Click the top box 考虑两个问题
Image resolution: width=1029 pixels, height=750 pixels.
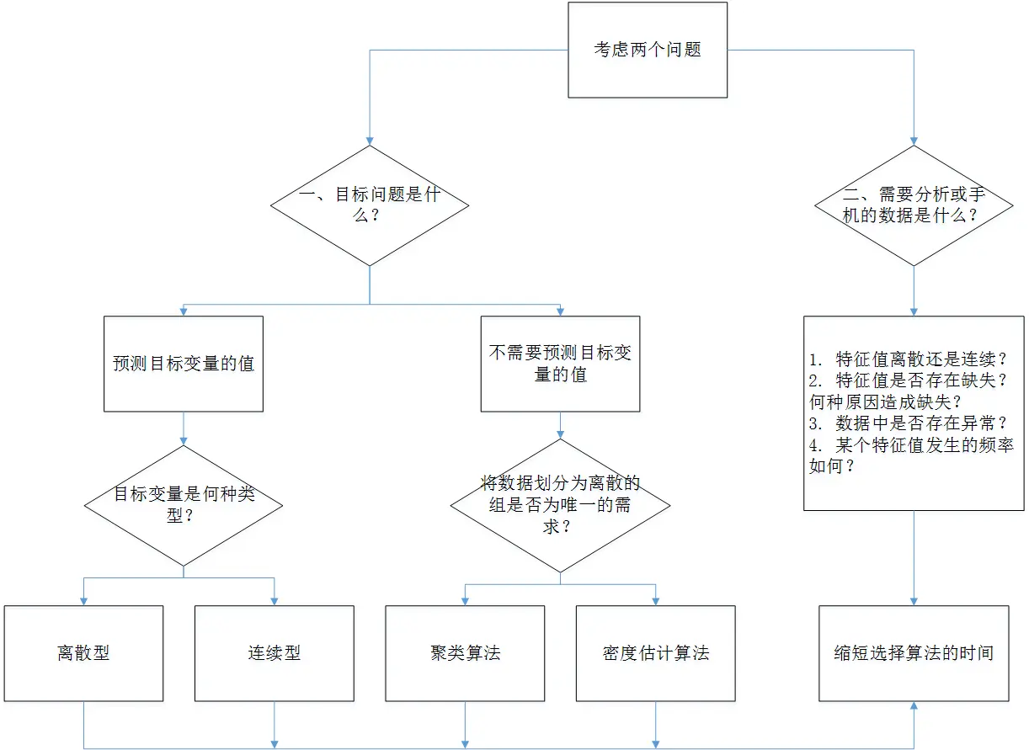point(648,50)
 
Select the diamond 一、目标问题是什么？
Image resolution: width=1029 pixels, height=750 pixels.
point(370,205)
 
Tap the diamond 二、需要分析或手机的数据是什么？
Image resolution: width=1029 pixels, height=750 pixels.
point(914,205)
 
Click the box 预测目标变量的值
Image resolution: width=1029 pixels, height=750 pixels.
point(184,364)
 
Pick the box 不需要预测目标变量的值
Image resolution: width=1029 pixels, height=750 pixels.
point(560,364)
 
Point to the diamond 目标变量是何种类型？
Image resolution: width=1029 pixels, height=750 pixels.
point(184,504)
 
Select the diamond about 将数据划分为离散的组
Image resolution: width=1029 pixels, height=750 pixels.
point(560,504)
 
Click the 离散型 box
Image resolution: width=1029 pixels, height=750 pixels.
point(83,653)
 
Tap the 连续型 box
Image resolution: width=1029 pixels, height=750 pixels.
point(275,653)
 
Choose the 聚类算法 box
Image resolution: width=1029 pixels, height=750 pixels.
point(465,653)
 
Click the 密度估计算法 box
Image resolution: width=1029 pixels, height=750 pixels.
point(656,653)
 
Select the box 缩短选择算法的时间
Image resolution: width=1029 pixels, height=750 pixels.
point(914,653)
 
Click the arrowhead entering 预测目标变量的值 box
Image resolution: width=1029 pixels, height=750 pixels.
point(184,311)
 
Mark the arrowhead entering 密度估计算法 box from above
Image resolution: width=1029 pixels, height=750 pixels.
point(656,600)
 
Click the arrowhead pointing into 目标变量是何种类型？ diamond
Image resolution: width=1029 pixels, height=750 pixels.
point(184,439)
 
